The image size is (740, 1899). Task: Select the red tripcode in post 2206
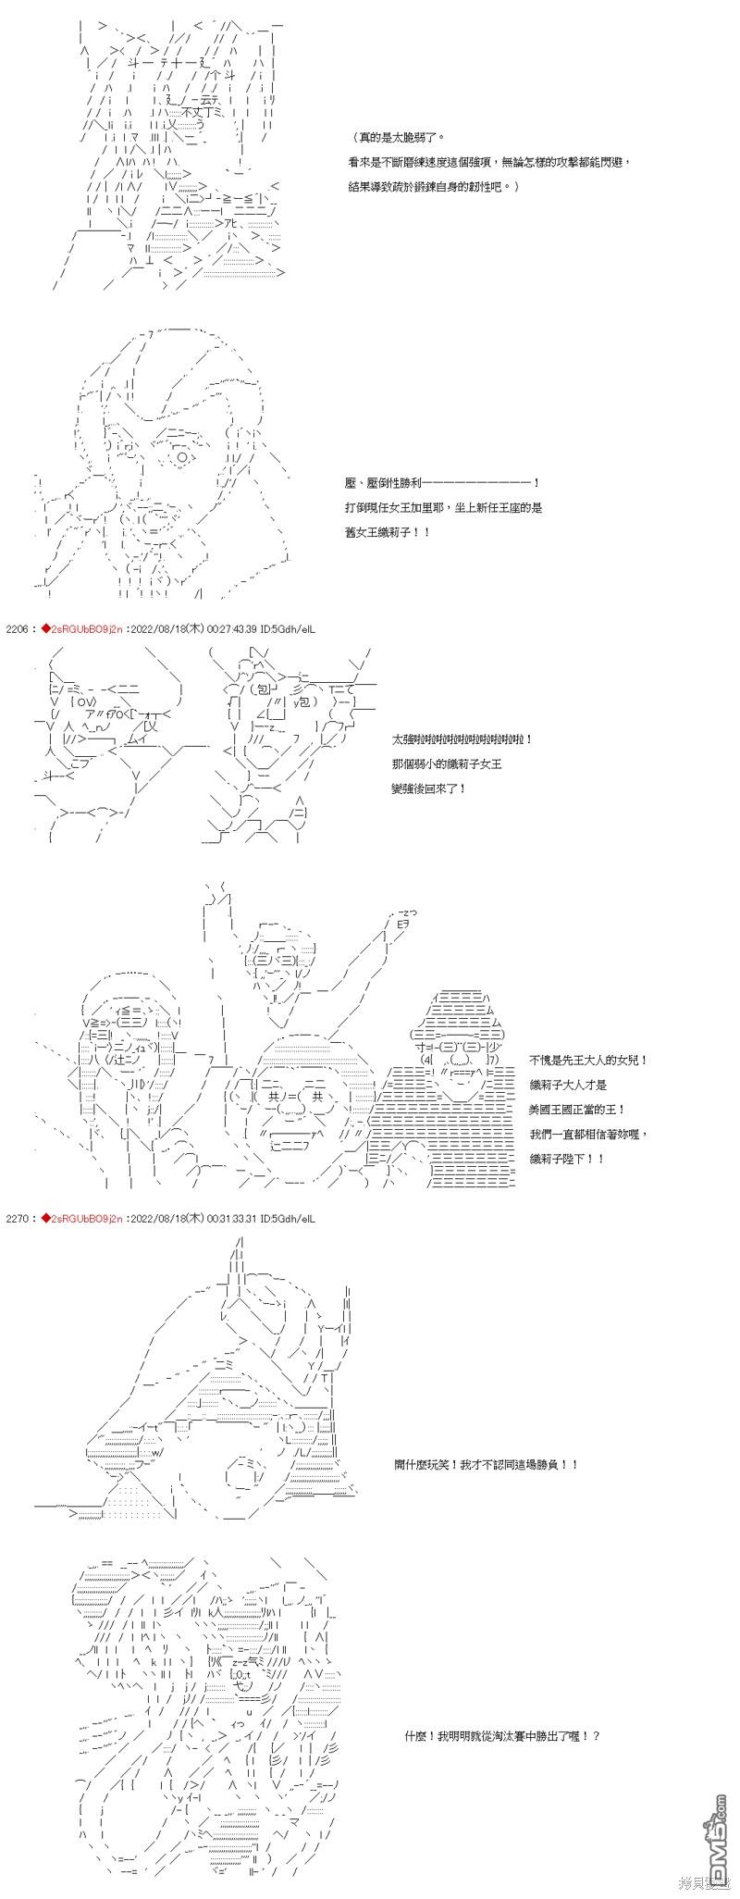click(75, 629)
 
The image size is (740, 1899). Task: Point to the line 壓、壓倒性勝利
click(440, 483)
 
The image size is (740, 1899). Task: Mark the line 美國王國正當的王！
click(577, 1109)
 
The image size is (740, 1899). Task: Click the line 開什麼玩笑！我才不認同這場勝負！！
click(486, 1465)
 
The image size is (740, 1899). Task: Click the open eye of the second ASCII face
click(184, 456)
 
